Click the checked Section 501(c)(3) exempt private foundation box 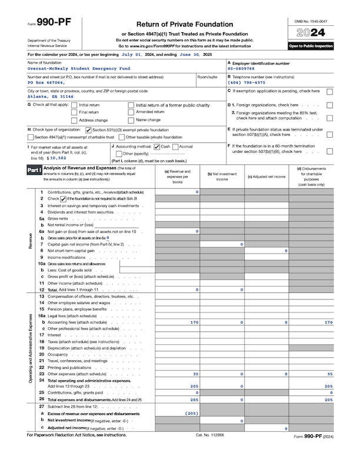[88, 129]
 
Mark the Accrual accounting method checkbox [175, 146]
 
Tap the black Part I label [34, 169]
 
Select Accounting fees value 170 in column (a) [194, 322]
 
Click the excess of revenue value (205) [192, 414]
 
